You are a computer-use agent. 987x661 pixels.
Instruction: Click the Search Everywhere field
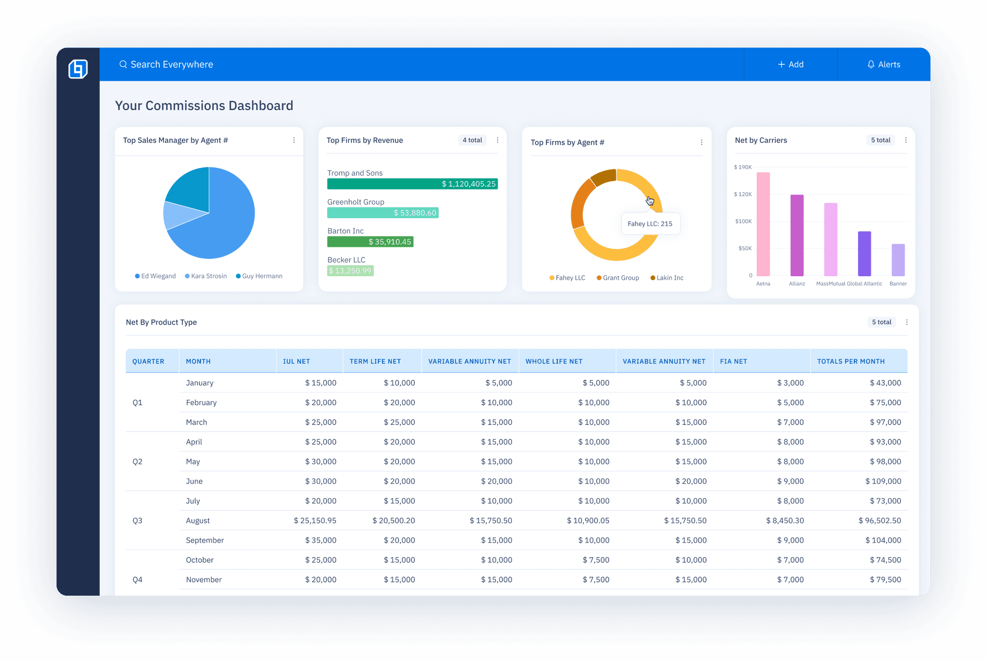click(171, 64)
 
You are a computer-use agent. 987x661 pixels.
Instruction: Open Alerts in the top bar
click(884, 64)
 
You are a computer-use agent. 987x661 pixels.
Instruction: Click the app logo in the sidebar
click(78, 68)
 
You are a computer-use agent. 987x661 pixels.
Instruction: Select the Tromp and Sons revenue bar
click(412, 184)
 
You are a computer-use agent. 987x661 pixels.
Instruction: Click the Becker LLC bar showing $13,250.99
click(351, 271)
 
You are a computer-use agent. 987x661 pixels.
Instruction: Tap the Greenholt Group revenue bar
click(382, 212)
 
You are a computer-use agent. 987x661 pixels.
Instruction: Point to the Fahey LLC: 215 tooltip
click(650, 224)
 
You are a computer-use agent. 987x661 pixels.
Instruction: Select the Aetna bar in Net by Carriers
click(763, 224)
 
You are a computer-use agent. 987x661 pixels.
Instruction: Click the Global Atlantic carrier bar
click(864, 254)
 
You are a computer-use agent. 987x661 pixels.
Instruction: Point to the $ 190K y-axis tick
click(743, 167)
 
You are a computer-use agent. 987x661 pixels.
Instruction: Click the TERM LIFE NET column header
click(375, 362)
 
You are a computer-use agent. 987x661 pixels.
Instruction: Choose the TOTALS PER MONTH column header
click(851, 362)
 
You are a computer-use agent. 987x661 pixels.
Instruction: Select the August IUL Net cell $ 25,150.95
click(315, 521)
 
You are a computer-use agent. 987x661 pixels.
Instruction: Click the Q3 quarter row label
click(137, 521)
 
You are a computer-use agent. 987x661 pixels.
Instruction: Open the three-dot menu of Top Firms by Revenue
click(498, 140)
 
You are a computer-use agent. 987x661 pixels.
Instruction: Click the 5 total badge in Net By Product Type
click(882, 322)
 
